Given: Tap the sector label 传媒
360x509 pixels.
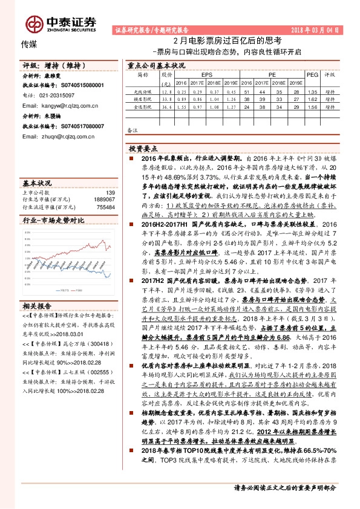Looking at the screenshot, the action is click(x=30, y=44).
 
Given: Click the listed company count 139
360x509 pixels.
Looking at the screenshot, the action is click(x=110, y=192).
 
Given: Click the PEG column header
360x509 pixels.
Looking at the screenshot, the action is click(x=312, y=74).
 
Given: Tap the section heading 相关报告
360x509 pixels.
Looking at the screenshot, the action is click(x=37, y=305).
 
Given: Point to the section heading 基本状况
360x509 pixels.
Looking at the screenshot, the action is click(x=37, y=182).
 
